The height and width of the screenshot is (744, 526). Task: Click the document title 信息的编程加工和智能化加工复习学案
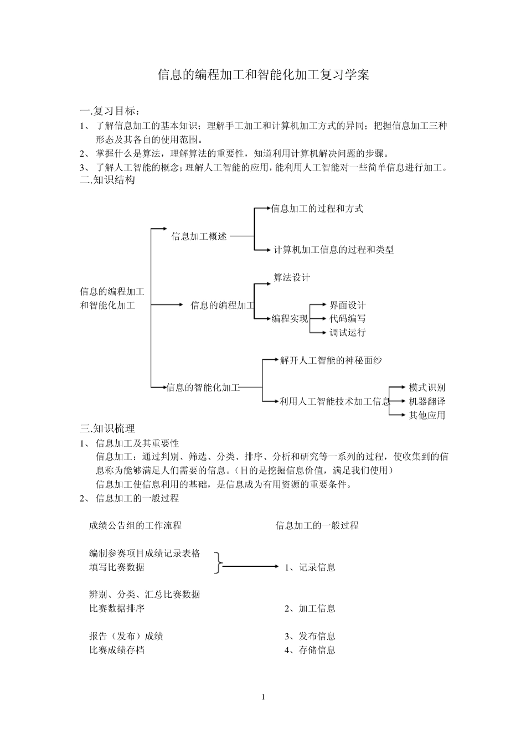pyautogui.click(x=263, y=75)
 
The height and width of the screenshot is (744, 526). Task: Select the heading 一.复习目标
pyautogui.click(x=110, y=112)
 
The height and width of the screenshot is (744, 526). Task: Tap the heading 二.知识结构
pyautogui.click(x=107, y=180)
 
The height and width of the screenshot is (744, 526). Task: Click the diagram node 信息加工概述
pyautogui.click(x=199, y=236)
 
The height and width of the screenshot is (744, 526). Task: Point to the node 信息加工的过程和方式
pyautogui.click(x=317, y=209)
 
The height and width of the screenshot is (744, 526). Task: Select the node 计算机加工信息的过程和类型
pyautogui.click(x=334, y=250)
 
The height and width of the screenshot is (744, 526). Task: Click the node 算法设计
pyautogui.click(x=292, y=277)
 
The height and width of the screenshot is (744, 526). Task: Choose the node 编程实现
pyautogui.click(x=290, y=319)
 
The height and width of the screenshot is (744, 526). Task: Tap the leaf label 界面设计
pyautogui.click(x=348, y=305)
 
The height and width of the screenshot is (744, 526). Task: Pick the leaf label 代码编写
pyautogui.click(x=348, y=319)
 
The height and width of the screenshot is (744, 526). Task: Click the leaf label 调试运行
pyautogui.click(x=348, y=333)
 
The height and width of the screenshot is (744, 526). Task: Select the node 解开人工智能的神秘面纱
pyautogui.click(x=331, y=360)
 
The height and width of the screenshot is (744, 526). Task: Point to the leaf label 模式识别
pyautogui.click(x=427, y=387)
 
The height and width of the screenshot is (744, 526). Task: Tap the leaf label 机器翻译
pyautogui.click(x=427, y=401)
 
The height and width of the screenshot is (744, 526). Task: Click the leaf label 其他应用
pyautogui.click(x=427, y=415)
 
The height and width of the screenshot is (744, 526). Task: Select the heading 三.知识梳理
pyautogui.click(x=107, y=428)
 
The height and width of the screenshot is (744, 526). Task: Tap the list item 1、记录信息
pyautogui.click(x=310, y=567)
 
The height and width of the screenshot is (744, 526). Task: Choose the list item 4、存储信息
pyautogui.click(x=310, y=650)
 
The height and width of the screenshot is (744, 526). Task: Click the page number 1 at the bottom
pyautogui.click(x=264, y=697)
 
